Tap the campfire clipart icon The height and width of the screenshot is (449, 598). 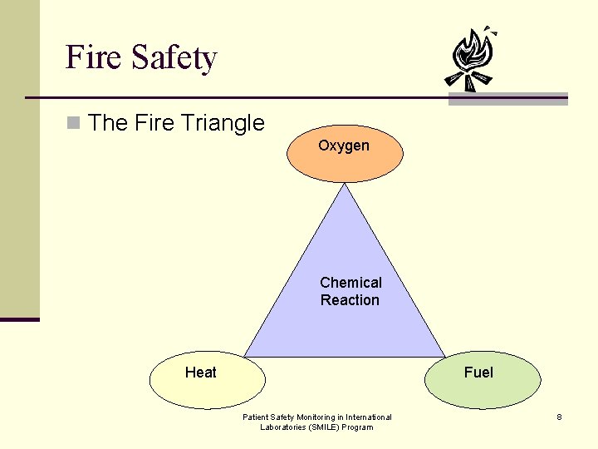click(471, 58)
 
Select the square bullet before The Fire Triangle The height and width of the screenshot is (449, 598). click(73, 124)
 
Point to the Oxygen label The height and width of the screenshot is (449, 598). click(344, 146)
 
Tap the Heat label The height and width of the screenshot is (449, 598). click(200, 373)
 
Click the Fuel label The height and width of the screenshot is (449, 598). click(478, 373)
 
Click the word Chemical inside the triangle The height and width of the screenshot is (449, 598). click(350, 283)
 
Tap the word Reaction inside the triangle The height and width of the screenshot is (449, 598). click(350, 300)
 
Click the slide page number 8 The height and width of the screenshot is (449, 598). click(560, 417)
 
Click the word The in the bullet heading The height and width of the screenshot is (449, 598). click(105, 123)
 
